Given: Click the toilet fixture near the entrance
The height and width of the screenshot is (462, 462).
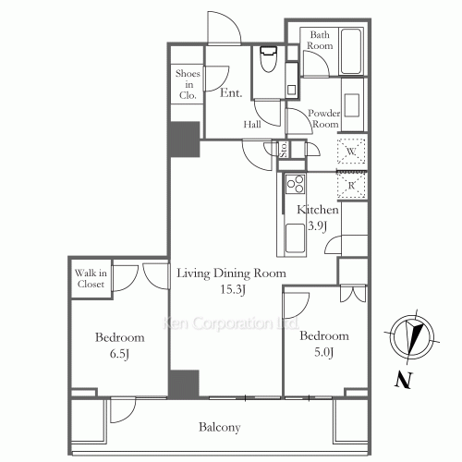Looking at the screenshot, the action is pyautogui.click(x=269, y=59).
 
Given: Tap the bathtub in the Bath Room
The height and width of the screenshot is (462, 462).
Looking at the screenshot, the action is pyautogui.click(x=351, y=51).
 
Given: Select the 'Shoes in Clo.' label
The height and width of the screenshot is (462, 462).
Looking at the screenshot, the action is pyautogui.click(x=188, y=84).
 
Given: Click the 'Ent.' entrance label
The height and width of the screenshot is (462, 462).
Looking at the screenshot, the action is pyautogui.click(x=231, y=92).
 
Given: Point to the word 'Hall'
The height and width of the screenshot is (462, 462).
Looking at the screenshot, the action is pyautogui.click(x=252, y=125).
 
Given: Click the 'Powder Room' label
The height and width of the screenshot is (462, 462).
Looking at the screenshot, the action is pyautogui.click(x=323, y=118).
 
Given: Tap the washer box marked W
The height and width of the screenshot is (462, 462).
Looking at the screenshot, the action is pyautogui.click(x=351, y=152).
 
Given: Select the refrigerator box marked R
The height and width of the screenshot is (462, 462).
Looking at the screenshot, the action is pyautogui.click(x=351, y=185).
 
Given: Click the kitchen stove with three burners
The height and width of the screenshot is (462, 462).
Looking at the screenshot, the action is pyautogui.click(x=296, y=184).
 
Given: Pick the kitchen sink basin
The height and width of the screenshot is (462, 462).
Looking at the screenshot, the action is pyautogui.click(x=296, y=238).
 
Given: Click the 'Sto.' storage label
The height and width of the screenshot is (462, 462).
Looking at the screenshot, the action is pyautogui.click(x=284, y=150).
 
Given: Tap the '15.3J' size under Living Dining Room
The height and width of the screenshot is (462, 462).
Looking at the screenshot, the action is pyautogui.click(x=233, y=289).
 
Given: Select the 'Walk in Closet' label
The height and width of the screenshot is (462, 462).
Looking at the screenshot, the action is pyautogui.click(x=91, y=278).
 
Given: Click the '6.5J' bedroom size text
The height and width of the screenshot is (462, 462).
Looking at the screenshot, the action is pyautogui.click(x=119, y=354).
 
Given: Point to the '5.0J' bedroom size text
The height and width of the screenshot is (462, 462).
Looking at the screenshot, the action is pyautogui.click(x=323, y=352).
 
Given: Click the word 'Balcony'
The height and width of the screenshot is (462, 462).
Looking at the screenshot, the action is pyautogui.click(x=220, y=428).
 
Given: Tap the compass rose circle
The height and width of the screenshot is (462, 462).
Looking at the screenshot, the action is pyautogui.click(x=414, y=337).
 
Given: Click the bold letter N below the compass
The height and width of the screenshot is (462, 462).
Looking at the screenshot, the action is pyautogui.click(x=404, y=380).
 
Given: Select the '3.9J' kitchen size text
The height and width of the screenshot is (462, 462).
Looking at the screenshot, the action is pyautogui.click(x=318, y=226).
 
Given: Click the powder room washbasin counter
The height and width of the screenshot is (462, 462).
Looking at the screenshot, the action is pyautogui.click(x=352, y=105).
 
